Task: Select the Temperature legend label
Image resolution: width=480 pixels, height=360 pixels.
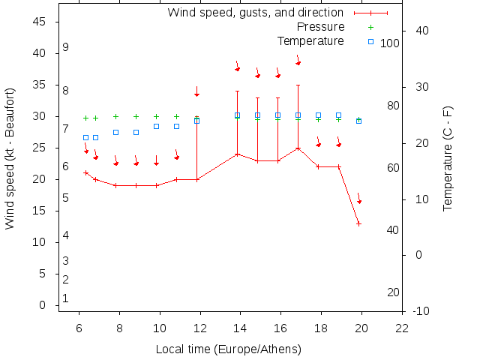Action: (x=310, y=40)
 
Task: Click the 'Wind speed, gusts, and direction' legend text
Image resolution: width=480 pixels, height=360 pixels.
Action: (x=255, y=13)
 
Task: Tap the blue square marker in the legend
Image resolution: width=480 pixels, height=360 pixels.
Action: (x=370, y=41)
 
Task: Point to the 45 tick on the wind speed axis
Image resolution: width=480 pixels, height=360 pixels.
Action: (x=41, y=22)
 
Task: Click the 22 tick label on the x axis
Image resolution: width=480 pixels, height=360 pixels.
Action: (x=402, y=328)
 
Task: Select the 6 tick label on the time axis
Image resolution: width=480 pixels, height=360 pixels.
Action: (x=79, y=328)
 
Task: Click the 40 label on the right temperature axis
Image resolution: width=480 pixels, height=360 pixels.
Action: (x=421, y=31)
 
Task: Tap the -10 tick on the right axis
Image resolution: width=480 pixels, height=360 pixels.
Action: (x=421, y=311)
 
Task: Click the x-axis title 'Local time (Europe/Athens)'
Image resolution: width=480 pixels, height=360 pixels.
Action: (x=228, y=349)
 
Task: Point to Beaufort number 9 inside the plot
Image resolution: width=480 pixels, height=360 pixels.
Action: (x=66, y=47)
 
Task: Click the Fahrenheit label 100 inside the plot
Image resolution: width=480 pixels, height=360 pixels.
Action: (x=389, y=43)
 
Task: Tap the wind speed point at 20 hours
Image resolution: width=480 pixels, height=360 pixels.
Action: (x=359, y=223)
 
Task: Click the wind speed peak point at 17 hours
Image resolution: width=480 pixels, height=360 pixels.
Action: (x=298, y=148)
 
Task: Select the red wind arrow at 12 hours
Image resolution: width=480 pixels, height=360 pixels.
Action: (x=196, y=91)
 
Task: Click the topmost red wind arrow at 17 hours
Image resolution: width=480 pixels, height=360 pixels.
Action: (x=298, y=60)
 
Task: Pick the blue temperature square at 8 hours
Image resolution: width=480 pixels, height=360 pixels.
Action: (x=115, y=132)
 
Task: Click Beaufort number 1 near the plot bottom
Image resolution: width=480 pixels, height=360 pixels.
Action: (x=66, y=298)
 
